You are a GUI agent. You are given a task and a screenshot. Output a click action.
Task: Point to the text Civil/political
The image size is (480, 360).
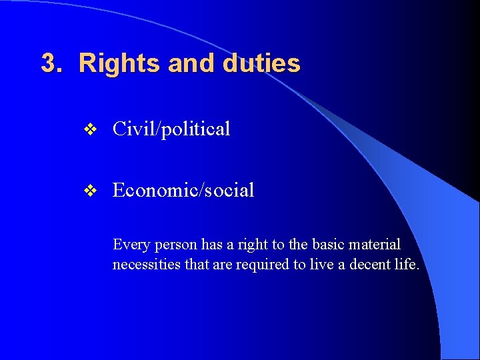(x=171, y=129)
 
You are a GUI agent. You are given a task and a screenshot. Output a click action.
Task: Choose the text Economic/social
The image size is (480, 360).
(x=183, y=191)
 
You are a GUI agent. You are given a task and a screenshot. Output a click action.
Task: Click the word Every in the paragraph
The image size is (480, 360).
(x=131, y=245)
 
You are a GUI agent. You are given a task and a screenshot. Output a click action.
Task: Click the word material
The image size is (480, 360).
(x=377, y=245)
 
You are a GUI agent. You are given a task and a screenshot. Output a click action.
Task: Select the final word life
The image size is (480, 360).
(x=407, y=265)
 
